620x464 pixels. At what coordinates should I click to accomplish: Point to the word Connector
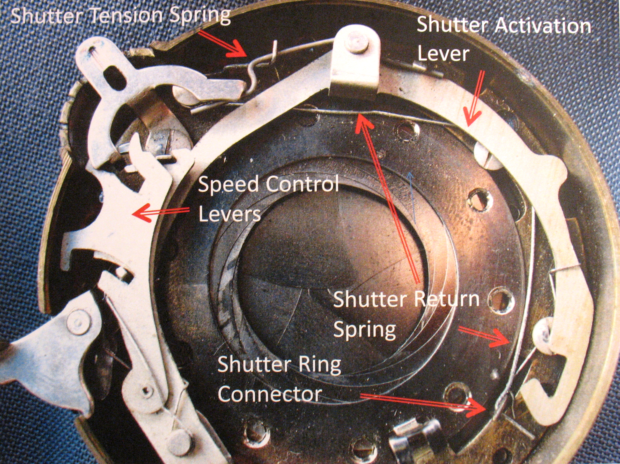click(x=269, y=394)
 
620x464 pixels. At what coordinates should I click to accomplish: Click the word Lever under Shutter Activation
click(x=443, y=54)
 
